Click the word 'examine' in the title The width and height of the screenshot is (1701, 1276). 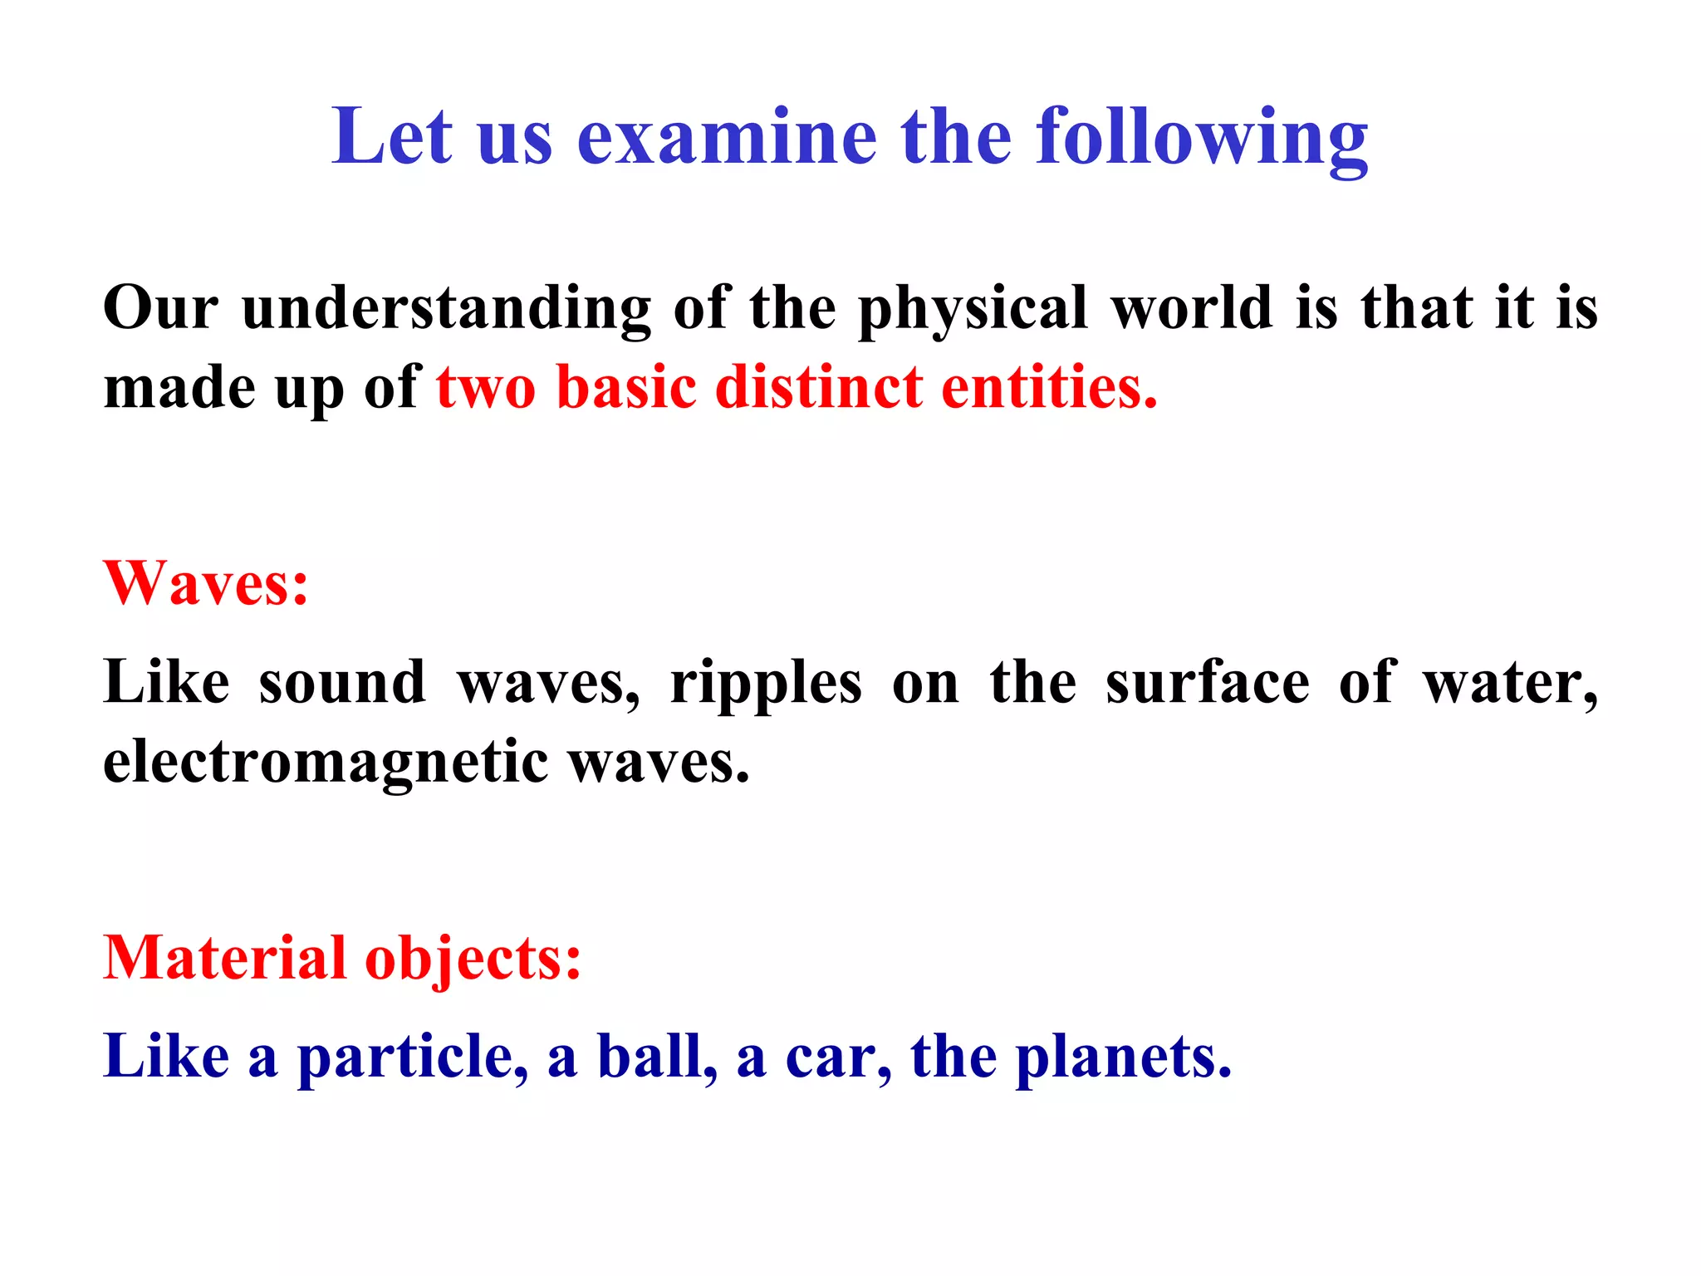click(727, 137)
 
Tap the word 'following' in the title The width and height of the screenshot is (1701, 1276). click(1202, 137)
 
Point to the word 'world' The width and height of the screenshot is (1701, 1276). click(1192, 307)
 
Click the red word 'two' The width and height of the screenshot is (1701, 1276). click(486, 388)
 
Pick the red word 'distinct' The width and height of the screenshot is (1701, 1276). click(818, 388)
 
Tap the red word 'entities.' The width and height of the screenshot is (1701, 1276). click(1049, 388)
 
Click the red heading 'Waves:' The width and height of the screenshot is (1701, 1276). click(205, 583)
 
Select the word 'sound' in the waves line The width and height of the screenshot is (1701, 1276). click(342, 683)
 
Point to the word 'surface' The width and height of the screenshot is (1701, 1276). click(1207, 683)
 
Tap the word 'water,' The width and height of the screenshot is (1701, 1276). click(1510, 683)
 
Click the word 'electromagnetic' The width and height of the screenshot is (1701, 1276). click(326, 763)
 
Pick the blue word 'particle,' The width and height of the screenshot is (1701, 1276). click(413, 1058)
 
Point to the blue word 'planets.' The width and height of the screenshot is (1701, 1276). click(1124, 1058)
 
